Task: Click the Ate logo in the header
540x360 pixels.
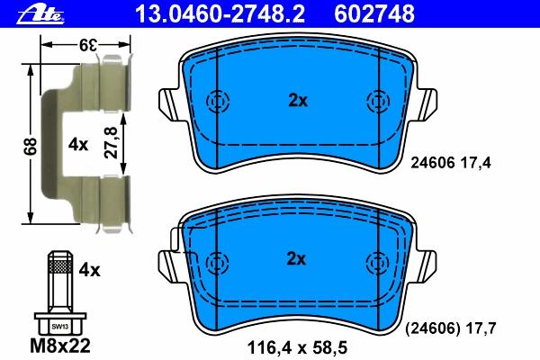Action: tap(40, 15)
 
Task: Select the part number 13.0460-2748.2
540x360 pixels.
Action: tap(220, 14)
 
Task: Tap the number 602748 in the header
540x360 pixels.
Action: tap(374, 14)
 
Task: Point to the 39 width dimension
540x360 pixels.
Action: tap(86, 45)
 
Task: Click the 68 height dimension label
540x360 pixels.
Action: tap(31, 146)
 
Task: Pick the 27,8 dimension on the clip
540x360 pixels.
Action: tap(112, 142)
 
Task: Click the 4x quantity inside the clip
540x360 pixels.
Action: tap(77, 145)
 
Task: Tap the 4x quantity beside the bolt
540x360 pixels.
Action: tap(89, 270)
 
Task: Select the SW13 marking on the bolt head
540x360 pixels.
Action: tap(60, 327)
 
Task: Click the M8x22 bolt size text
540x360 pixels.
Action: tap(60, 346)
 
